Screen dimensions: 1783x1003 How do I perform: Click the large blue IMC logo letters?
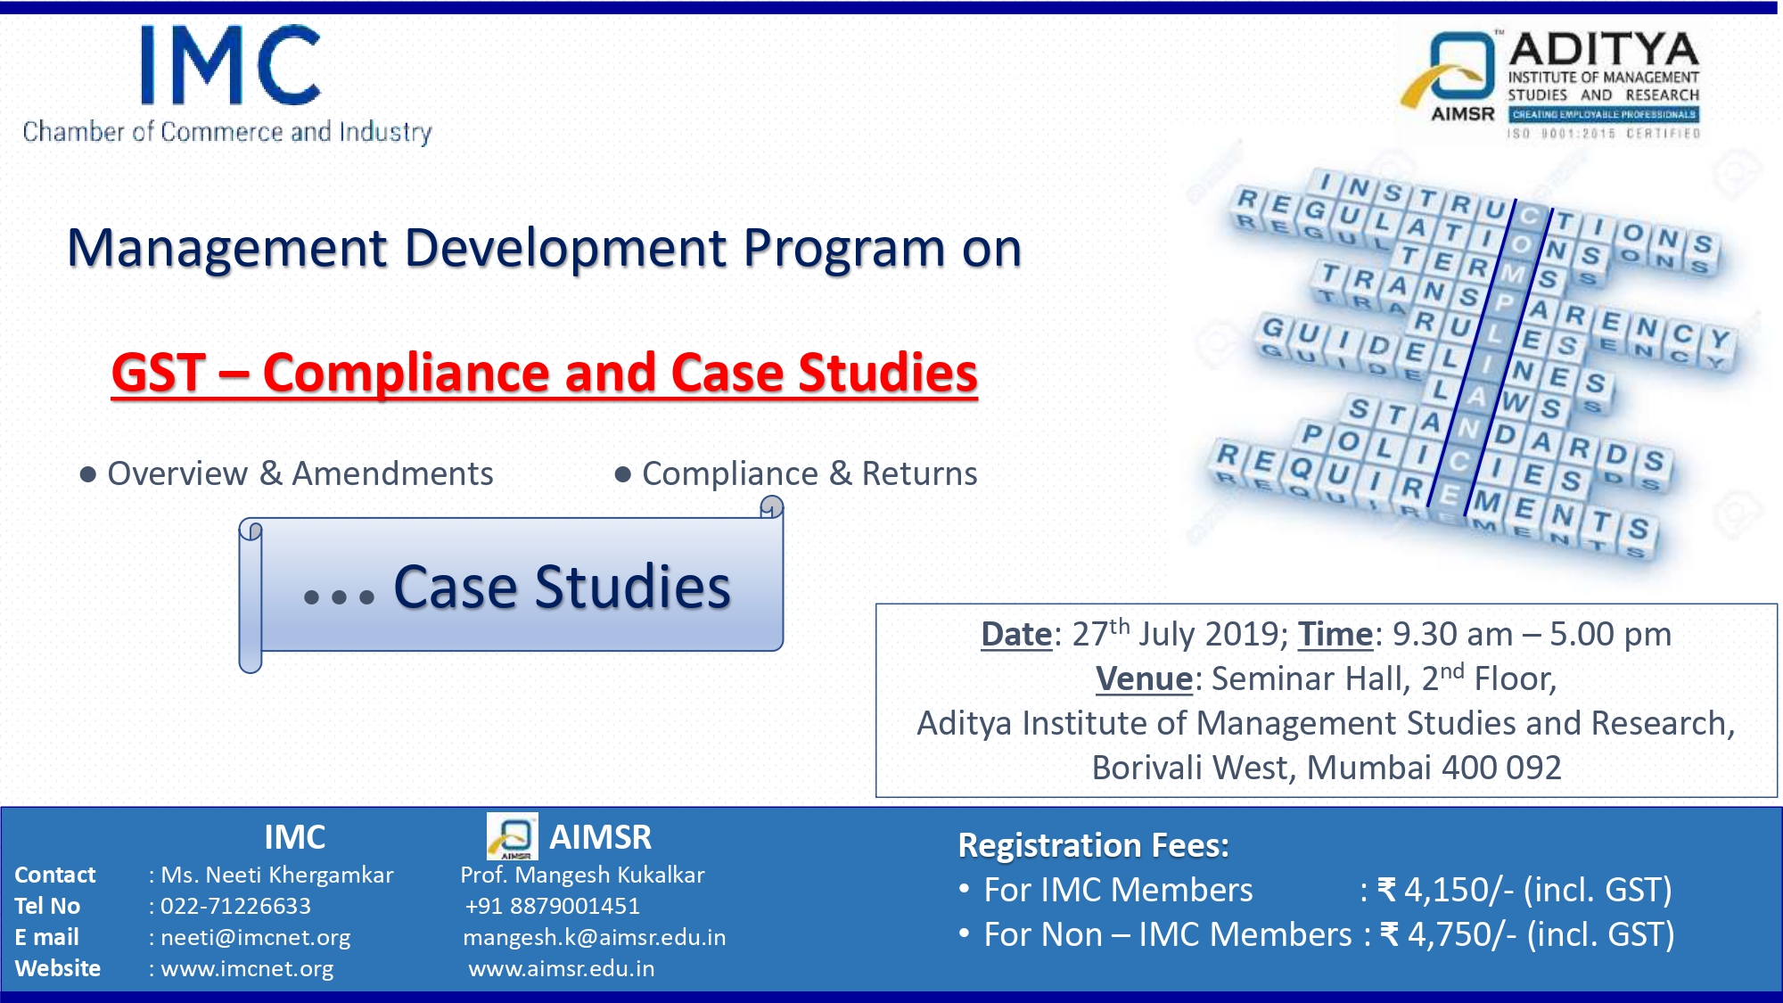point(230,64)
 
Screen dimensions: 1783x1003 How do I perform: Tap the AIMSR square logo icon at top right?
point(1450,70)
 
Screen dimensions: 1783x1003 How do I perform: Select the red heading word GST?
point(159,373)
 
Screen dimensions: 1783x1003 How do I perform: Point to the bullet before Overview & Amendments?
point(87,474)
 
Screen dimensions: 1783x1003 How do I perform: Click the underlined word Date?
point(1016,635)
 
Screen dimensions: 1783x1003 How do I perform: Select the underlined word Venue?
point(1144,679)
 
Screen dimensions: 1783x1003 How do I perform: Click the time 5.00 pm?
point(1610,635)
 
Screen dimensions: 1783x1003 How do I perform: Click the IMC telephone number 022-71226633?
point(235,906)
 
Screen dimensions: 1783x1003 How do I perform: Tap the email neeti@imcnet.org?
point(255,938)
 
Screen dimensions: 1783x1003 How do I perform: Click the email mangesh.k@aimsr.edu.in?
point(595,938)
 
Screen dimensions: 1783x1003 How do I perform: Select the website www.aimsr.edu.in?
point(562,968)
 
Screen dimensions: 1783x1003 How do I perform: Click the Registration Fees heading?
point(1093,845)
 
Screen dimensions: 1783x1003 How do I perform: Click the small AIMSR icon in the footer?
point(513,836)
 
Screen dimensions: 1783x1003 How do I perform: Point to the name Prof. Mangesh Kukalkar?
point(582,876)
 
